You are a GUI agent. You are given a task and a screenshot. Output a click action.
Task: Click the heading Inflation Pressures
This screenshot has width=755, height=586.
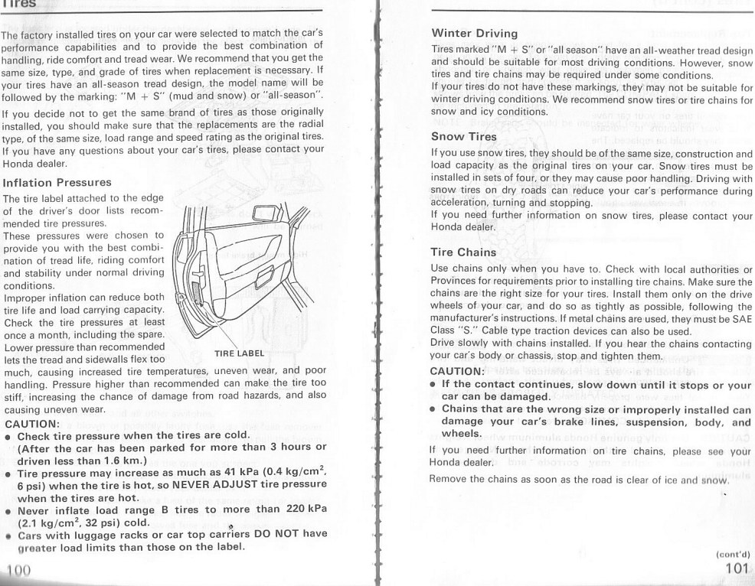[x=57, y=183]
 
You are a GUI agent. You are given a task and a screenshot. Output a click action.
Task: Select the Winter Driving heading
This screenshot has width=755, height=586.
[x=475, y=34]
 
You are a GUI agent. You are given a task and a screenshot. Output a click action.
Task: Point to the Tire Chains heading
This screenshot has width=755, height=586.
[x=464, y=252]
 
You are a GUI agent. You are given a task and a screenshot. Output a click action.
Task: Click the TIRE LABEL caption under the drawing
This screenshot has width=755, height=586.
[x=239, y=353]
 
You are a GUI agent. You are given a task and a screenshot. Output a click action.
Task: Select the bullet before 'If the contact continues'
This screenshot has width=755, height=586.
[x=433, y=386]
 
